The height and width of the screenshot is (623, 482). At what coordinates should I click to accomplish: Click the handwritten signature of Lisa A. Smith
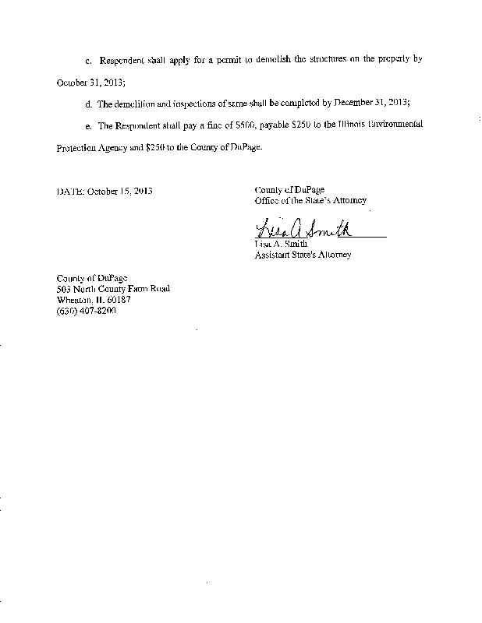[x=303, y=231]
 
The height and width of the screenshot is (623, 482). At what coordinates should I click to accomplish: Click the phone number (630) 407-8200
[x=86, y=311]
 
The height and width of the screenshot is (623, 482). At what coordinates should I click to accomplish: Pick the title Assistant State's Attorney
[x=303, y=255]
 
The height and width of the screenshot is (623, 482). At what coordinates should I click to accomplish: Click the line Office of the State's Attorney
[x=310, y=201]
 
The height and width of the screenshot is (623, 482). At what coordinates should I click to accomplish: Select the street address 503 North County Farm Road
[x=113, y=289]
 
